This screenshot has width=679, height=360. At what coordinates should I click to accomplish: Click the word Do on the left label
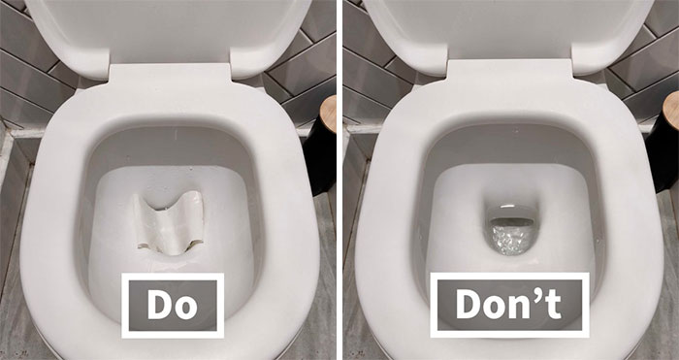[173, 306]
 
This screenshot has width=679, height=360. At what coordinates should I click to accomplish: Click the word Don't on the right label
[510, 306]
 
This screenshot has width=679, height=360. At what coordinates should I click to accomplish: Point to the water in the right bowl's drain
[511, 233]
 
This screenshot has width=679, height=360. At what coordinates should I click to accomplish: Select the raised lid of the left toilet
[169, 29]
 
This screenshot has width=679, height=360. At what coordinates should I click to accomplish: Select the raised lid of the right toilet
[510, 29]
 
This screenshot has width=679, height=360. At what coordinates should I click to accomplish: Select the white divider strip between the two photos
[339, 180]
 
